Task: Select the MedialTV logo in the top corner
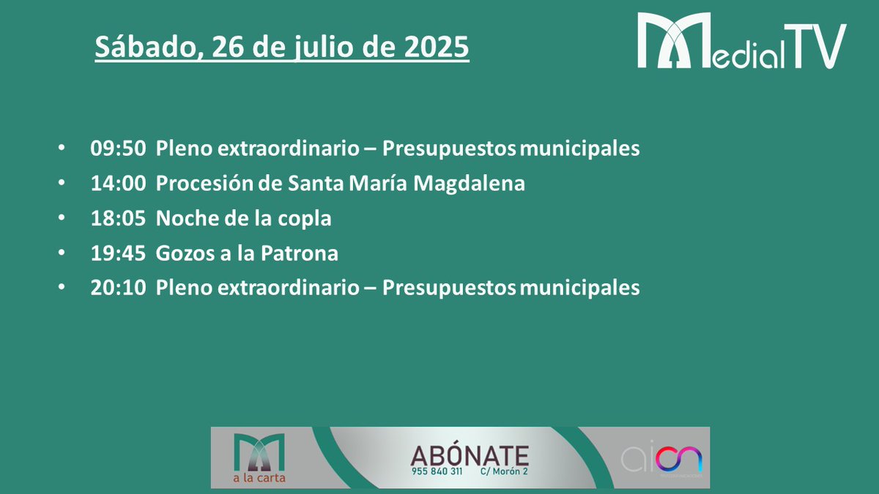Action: pos(741,42)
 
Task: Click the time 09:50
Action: pos(118,149)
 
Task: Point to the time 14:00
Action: pos(118,184)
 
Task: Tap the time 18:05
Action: pos(118,218)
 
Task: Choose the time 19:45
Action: pos(118,253)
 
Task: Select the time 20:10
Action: pos(118,288)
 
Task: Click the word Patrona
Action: pos(303,253)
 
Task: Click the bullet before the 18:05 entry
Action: pos(61,219)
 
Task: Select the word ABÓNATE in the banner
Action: pos(470,454)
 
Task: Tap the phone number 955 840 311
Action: pos(437,471)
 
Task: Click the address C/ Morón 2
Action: pos(504,471)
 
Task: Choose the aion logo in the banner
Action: pos(661,460)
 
